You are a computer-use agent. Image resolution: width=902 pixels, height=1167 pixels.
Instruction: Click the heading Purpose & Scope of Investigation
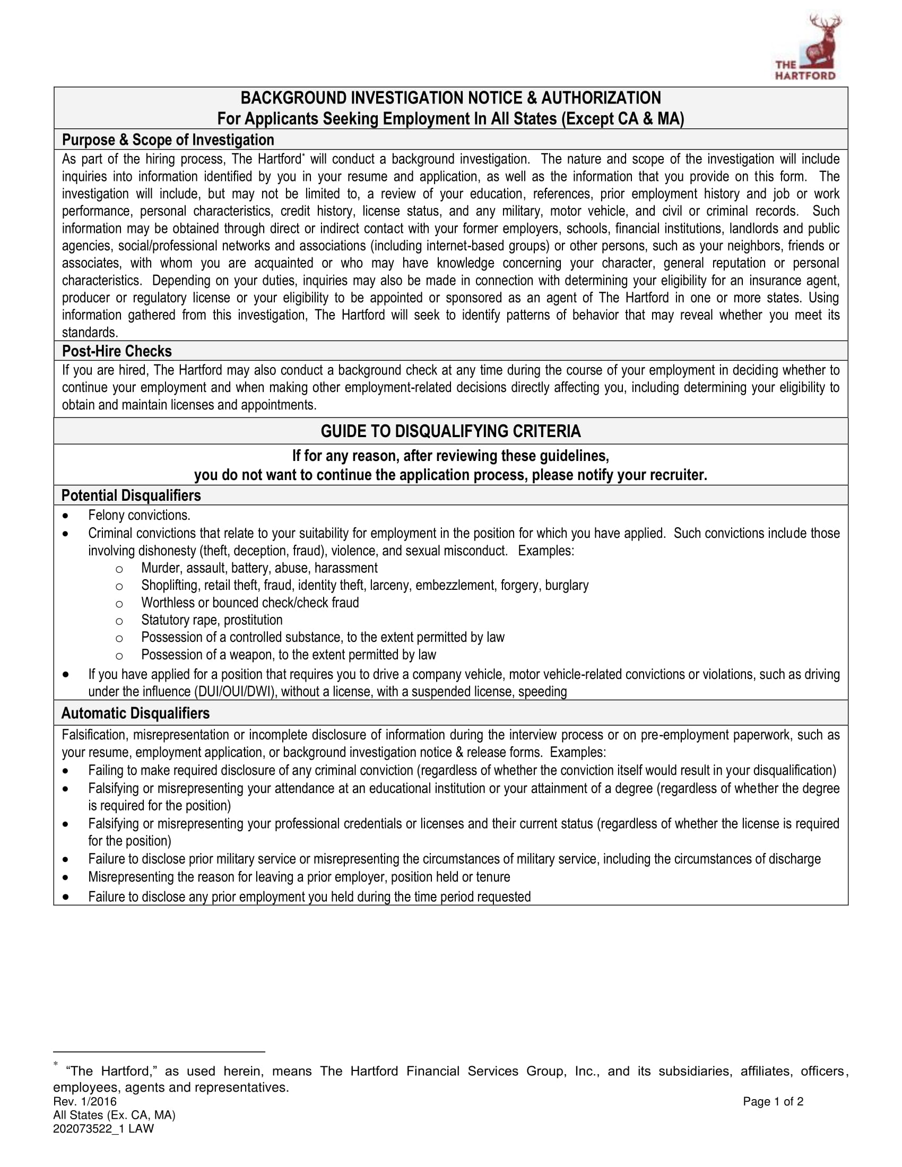[x=168, y=140]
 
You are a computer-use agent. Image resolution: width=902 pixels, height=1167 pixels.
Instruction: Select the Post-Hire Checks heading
[x=117, y=351]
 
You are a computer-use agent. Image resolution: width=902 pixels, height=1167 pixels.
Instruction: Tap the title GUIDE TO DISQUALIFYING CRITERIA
[x=450, y=431]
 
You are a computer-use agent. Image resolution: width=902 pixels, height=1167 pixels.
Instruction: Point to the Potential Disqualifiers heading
[x=131, y=495]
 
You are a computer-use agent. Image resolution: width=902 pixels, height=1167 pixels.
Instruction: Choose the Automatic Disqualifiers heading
[x=135, y=713]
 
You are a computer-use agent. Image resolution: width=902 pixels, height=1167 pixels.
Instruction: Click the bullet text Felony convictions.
[x=139, y=515]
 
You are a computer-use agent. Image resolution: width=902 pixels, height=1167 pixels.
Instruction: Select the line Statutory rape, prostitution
[x=212, y=620]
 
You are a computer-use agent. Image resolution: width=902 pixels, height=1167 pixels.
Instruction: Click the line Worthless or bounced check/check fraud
[x=249, y=603]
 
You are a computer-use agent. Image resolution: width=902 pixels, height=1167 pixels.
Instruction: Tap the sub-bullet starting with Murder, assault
[x=259, y=568]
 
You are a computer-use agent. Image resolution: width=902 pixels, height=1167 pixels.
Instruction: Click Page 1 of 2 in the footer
[x=773, y=1101]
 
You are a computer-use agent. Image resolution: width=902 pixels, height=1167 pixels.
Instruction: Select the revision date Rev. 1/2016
[x=84, y=1101]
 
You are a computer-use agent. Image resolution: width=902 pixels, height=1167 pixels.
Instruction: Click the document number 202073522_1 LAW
[x=103, y=1128]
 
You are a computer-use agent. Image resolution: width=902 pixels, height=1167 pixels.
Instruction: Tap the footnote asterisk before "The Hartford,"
[x=56, y=1065]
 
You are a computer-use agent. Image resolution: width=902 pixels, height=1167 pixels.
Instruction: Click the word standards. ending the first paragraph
[x=90, y=333]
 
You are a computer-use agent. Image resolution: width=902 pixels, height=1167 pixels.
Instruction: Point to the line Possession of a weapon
[x=289, y=655]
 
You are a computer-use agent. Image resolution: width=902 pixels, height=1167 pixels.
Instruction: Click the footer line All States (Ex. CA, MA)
[x=114, y=1115]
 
